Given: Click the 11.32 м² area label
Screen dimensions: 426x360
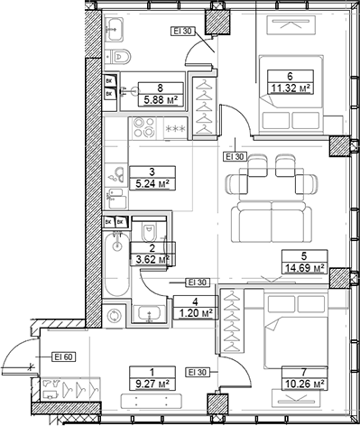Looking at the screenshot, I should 286,88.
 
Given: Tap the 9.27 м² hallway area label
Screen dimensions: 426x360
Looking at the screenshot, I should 151,383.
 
